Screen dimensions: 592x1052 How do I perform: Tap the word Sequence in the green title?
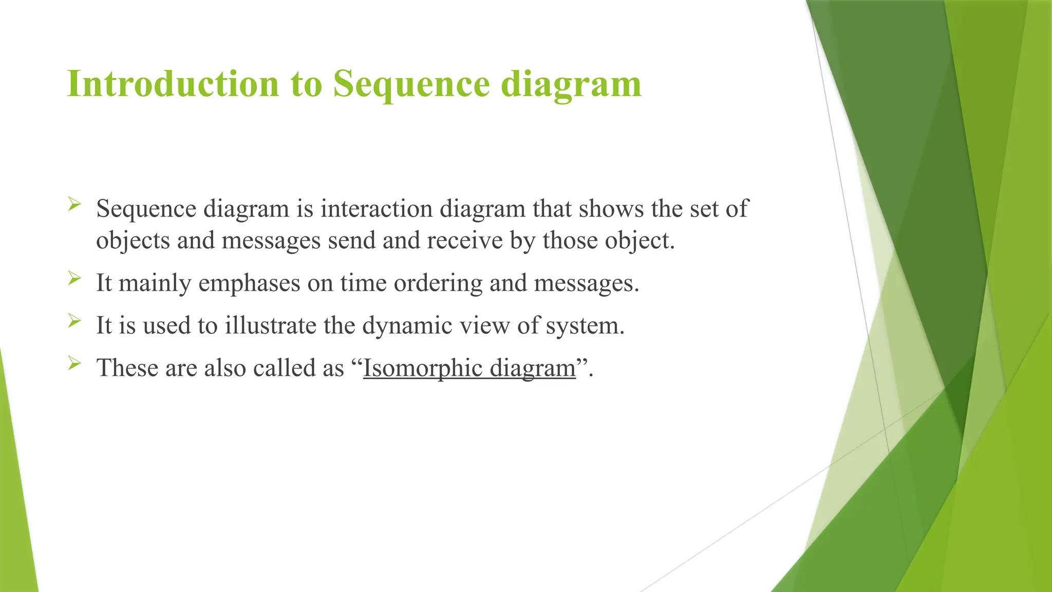(411, 83)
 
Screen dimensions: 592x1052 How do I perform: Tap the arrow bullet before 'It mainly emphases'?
(74, 279)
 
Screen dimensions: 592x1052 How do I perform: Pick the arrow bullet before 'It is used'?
(74, 322)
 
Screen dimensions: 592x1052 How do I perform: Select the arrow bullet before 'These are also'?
(74, 364)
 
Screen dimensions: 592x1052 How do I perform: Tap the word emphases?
(249, 283)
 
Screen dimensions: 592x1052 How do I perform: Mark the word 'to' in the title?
(306, 84)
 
